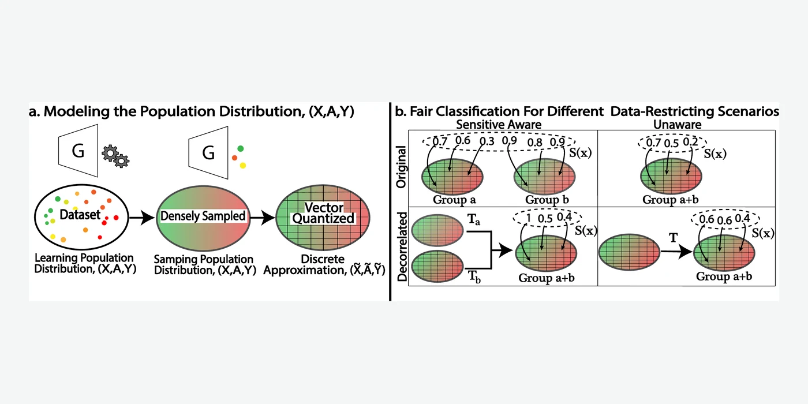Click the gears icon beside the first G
[x=115, y=156]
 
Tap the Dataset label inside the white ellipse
[x=80, y=215]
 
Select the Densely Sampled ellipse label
[x=203, y=216]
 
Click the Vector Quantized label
[x=324, y=213]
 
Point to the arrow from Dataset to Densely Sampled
[x=142, y=218]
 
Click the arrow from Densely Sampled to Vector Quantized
[x=262, y=218]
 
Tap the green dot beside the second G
[x=241, y=149]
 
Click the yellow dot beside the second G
[x=243, y=166]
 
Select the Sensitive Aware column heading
[x=499, y=125]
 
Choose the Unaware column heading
[x=677, y=125]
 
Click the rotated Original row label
[x=401, y=167]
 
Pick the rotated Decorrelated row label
[x=402, y=246]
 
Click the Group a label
[x=454, y=200]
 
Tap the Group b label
[x=547, y=200]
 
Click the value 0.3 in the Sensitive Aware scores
[x=487, y=141]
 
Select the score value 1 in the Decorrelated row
[x=529, y=218]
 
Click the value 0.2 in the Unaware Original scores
[x=690, y=142]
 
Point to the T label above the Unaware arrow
[x=674, y=238]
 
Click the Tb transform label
[x=474, y=277]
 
